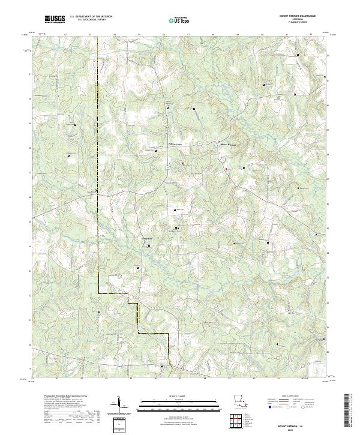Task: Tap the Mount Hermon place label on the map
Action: pyautogui.click(x=227, y=145)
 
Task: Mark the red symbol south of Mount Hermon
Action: pyautogui.click(x=226, y=169)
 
